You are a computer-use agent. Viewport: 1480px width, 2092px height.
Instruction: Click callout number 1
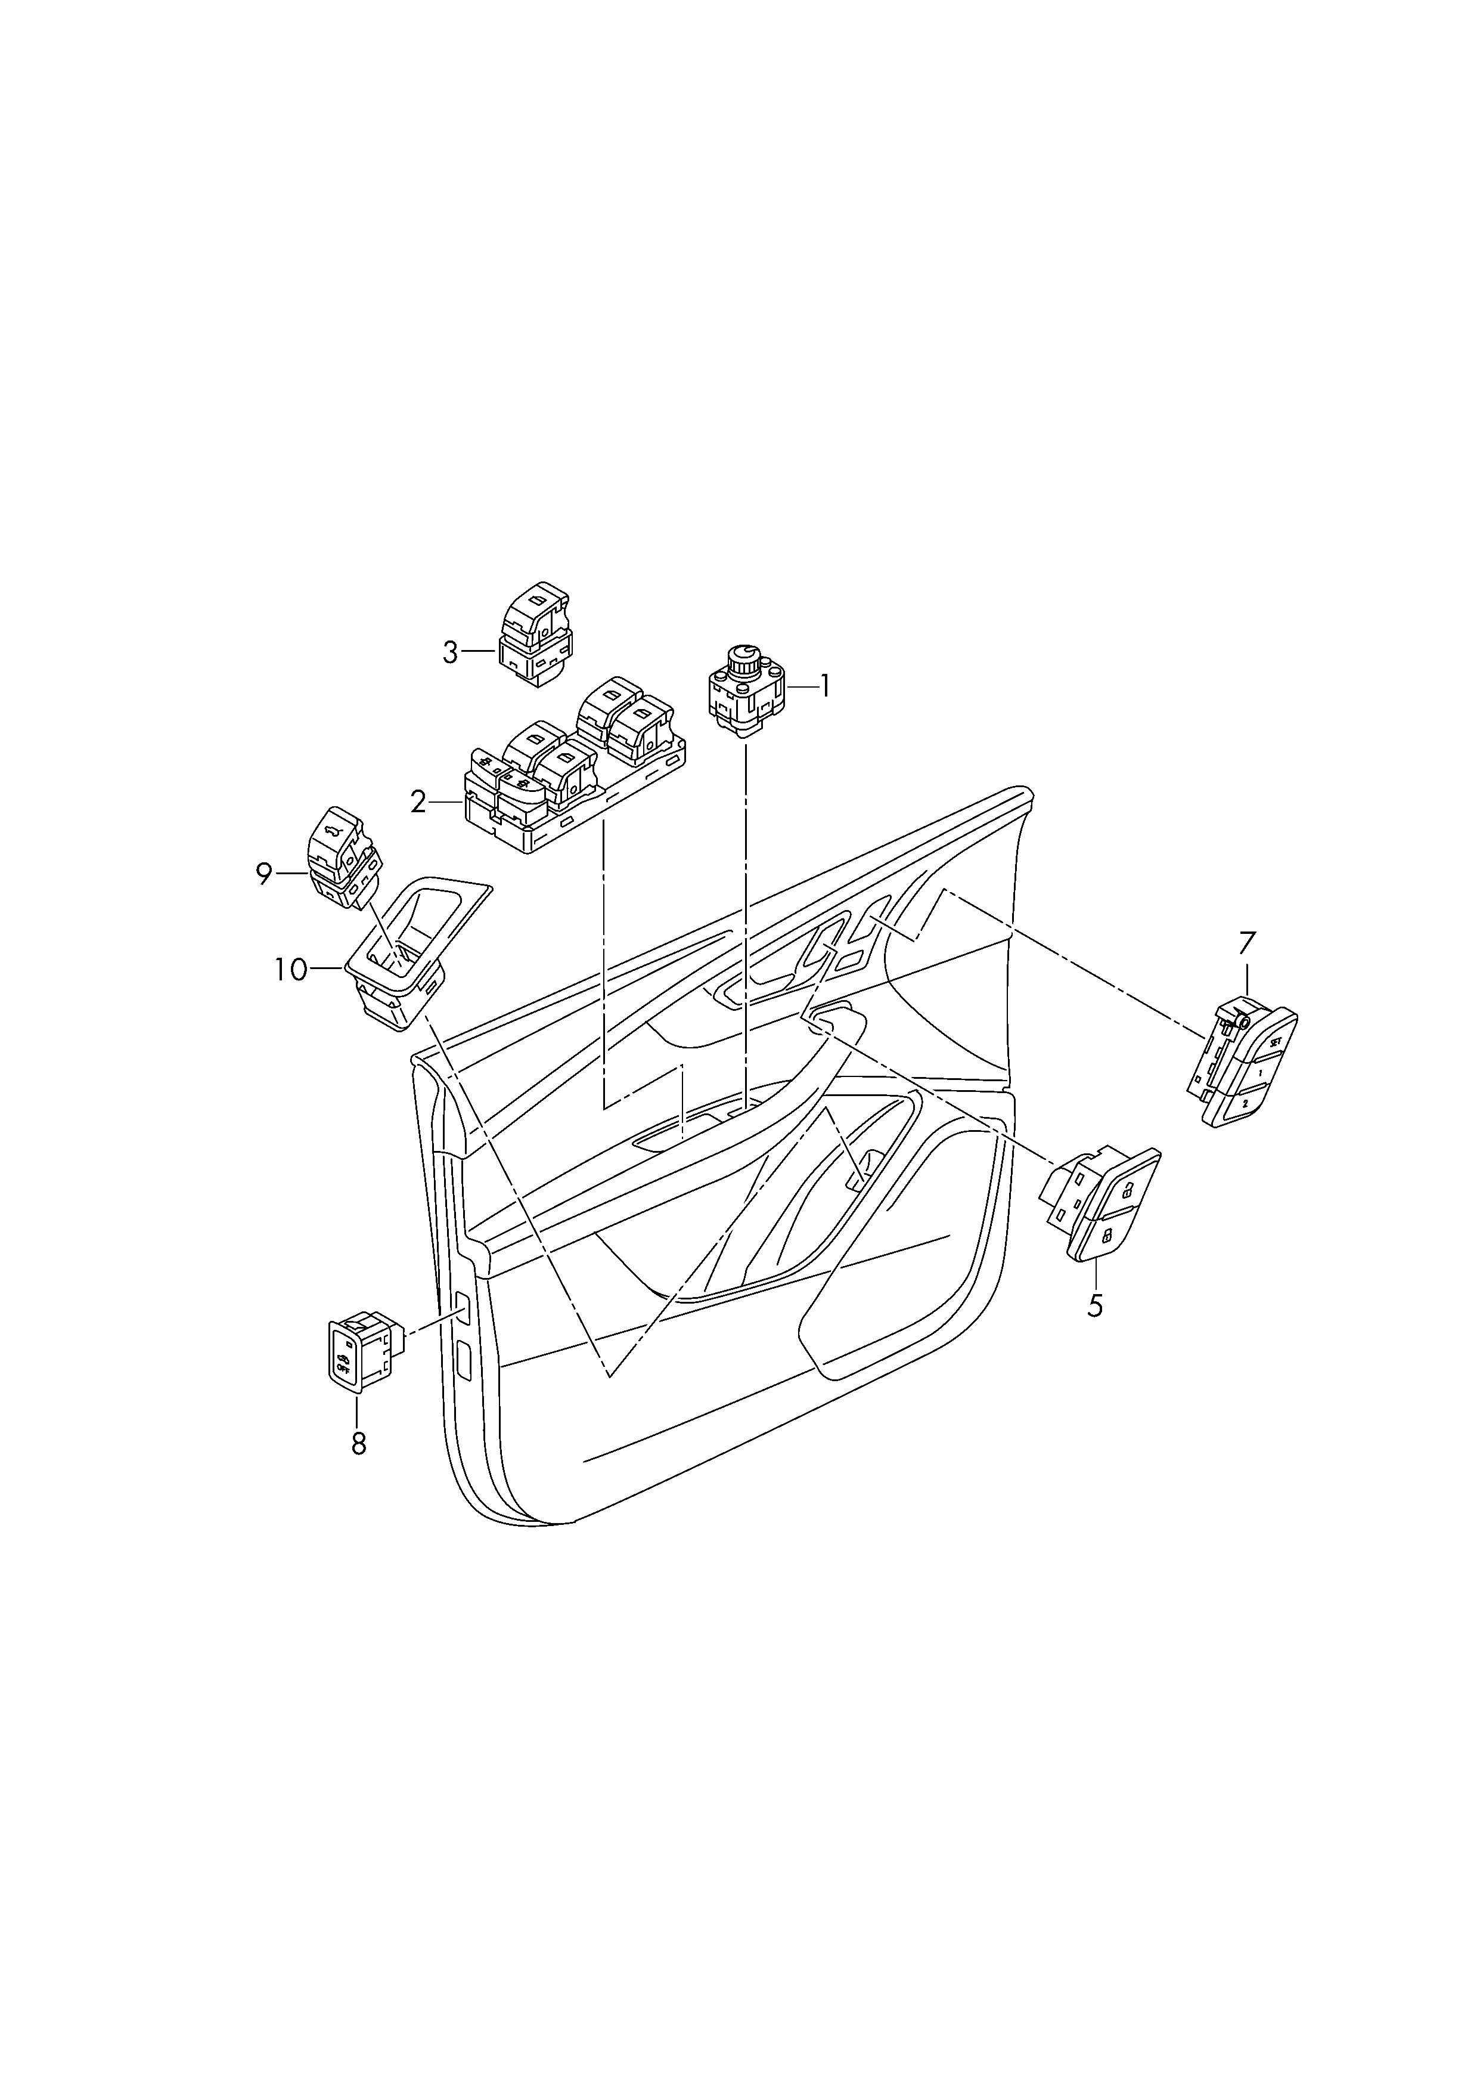point(825,685)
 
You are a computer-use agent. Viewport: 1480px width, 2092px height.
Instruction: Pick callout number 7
point(1247,943)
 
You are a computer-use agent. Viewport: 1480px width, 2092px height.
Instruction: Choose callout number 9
point(264,875)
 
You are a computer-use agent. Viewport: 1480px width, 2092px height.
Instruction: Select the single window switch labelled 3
point(535,635)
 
